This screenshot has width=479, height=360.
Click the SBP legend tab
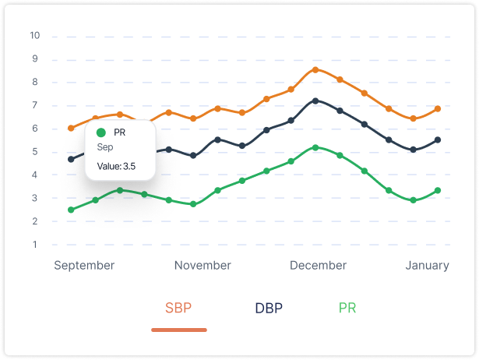coord(179,307)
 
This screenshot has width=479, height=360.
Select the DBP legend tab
coord(269,307)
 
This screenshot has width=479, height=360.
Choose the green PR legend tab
coord(347,307)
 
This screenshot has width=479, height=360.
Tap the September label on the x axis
coord(84,265)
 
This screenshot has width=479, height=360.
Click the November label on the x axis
coord(203,265)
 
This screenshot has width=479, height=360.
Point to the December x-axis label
coord(318,265)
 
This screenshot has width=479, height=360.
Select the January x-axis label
coord(427,265)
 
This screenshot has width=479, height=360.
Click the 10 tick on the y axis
coord(34,36)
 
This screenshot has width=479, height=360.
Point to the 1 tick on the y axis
coord(34,245)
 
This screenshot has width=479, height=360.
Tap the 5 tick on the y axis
coord(34,152)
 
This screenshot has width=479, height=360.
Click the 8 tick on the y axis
coord(34,83)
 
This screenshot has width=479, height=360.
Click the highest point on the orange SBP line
coord(315,69)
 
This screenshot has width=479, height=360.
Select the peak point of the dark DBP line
coord(315,101)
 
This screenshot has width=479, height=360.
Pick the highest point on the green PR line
coord(315,147)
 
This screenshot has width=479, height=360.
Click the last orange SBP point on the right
coord(438,108)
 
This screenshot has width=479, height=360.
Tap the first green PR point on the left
coord(71,210)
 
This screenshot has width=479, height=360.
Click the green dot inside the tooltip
coord(101,132)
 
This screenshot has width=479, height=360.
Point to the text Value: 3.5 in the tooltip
coord(117,166)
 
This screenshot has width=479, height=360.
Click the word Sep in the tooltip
coord(104,146)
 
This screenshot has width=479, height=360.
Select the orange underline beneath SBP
coord(179,330)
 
